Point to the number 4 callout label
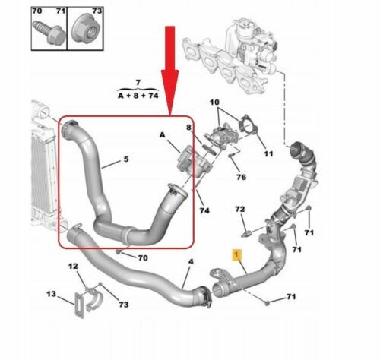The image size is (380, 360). point(191,263)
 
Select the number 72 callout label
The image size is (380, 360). point(240,208)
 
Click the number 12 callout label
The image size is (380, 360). point(72,266)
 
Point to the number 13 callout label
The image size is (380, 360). point(51,294)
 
